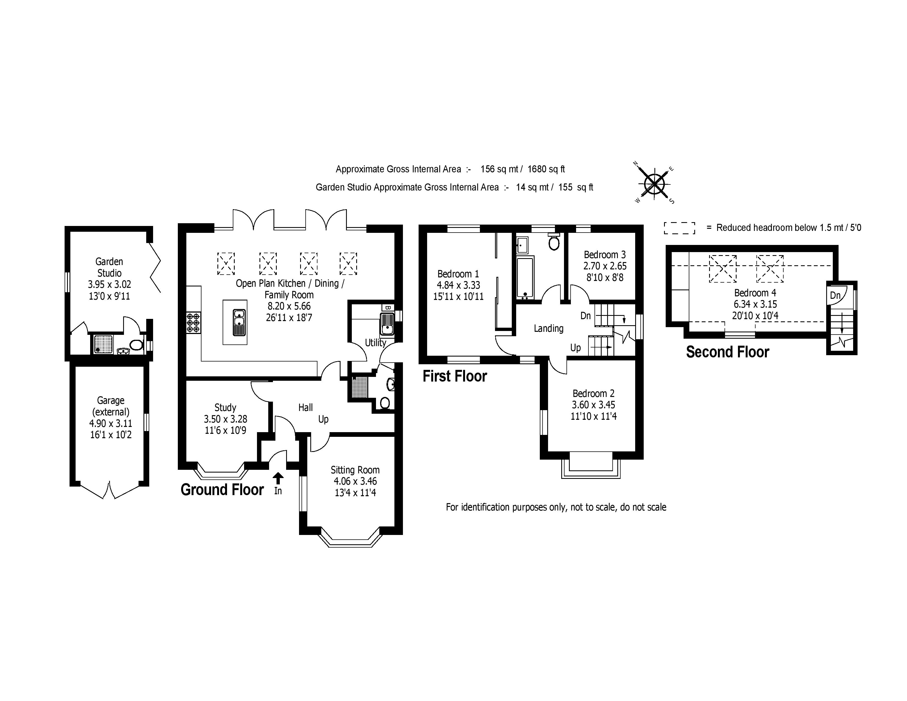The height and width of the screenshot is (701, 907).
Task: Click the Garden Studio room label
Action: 109,267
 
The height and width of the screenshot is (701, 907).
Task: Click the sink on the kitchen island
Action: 239,322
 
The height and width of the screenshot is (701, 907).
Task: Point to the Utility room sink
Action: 387,324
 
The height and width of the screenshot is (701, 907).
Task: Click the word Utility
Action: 375,343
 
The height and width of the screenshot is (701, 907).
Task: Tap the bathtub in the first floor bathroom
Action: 525,277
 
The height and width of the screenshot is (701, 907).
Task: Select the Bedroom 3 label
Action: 605,255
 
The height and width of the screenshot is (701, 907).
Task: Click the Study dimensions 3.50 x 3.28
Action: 225,419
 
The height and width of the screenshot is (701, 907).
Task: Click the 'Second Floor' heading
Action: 727,352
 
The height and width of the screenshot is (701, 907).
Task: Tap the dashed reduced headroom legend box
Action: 679,228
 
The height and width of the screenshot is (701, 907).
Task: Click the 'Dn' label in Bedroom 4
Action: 835,296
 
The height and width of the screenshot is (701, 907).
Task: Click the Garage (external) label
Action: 111,406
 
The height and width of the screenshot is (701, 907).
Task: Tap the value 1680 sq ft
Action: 546,169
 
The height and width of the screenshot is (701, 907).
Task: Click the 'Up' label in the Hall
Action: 323,419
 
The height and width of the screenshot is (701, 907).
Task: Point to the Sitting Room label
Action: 355,470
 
